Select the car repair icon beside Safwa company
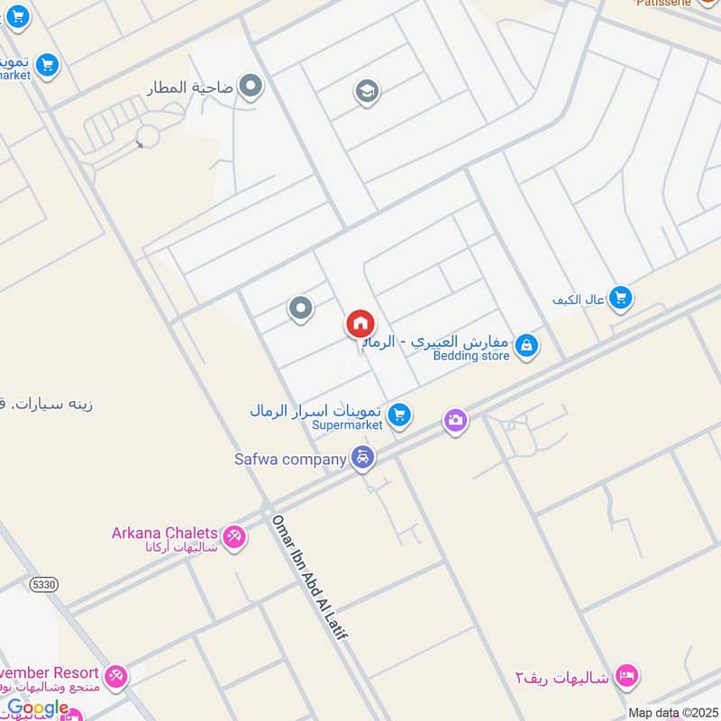click(362, 459)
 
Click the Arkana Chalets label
click(164, 533)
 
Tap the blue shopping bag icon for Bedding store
click(527, 345)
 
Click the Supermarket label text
click(348, 424)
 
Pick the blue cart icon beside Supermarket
click(401, 415)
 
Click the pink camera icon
click(455, 420)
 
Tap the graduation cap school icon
click(366, 92)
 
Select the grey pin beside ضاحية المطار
click(251, 87)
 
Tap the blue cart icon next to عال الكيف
click(619, 297)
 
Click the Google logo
click(38, 708)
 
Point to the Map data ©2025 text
click(671, 713)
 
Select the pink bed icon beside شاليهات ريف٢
click(628, 674)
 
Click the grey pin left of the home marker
click(300, 309)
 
